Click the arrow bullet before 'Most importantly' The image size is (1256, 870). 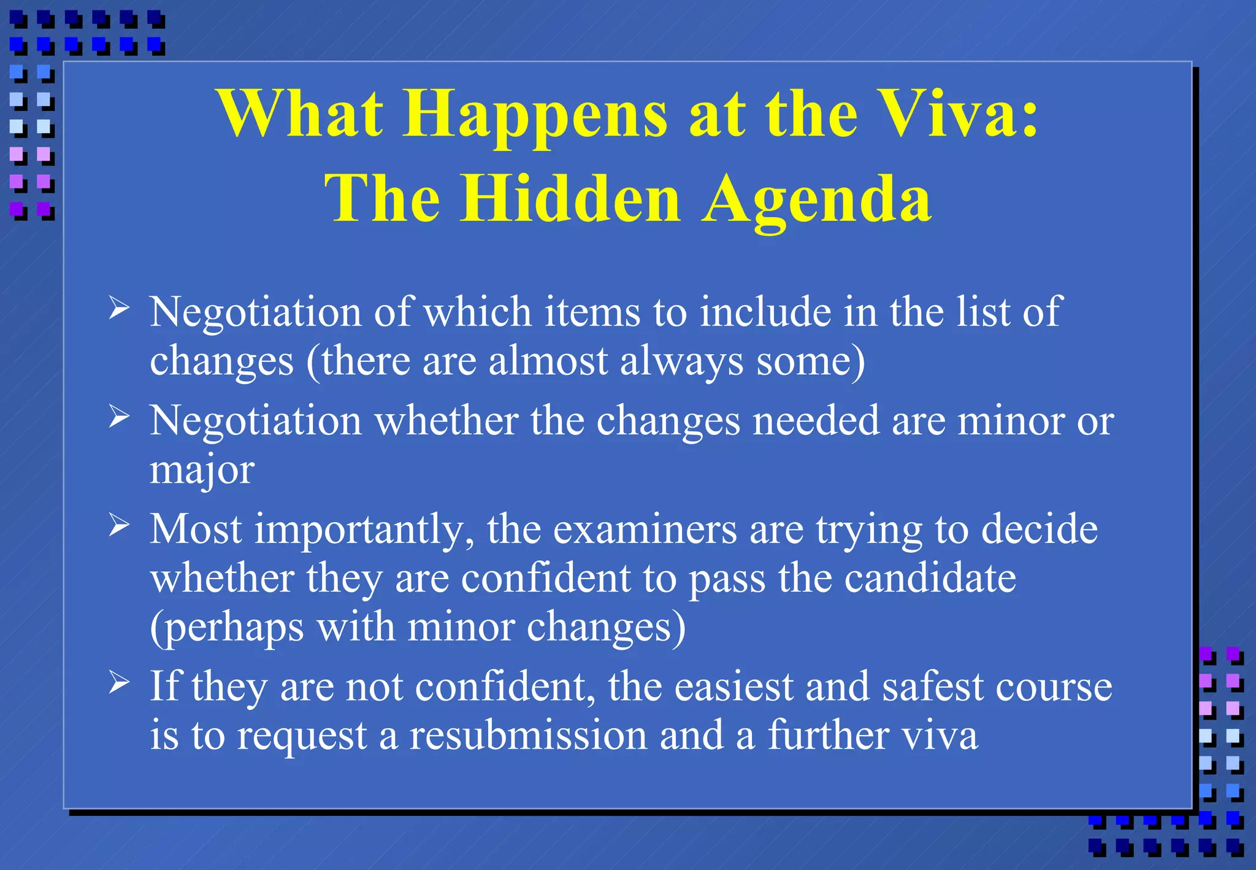pyautogui.click(x=119, y=525)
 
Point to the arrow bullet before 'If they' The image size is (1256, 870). pyautogui.click(x=119, y=682)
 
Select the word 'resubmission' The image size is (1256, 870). pyautogui.click(x=528, y=735)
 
